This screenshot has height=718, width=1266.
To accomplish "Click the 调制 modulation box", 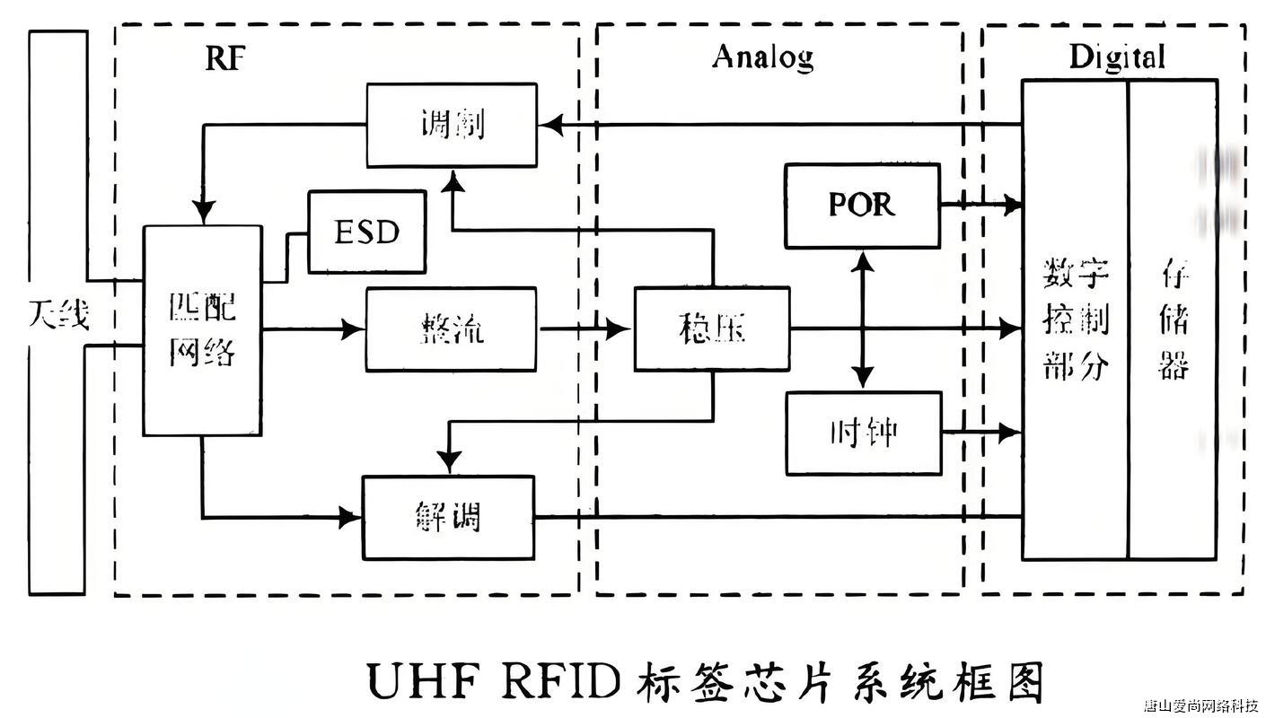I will click(452, 125).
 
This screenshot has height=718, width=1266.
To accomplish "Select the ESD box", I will click(366, 232).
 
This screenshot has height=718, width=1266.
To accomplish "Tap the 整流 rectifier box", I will click(451, 329).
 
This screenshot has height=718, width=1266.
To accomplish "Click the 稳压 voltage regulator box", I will click(712, 329).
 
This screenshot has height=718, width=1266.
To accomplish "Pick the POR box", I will click(862, 206).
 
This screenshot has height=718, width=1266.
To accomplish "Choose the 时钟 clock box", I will click(863, 433).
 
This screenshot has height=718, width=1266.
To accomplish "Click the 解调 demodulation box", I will click(448, 518).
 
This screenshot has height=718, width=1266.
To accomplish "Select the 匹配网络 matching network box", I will click(203, 330).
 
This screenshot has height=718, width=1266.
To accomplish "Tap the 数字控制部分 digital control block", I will click(1075, 320).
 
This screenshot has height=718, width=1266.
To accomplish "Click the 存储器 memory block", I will click(1173, 320).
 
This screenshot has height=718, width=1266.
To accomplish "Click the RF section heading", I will click(224, 57).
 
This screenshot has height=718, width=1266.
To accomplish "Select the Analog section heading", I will click(762, 57).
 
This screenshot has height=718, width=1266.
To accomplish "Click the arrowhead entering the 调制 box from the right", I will click(549, 125).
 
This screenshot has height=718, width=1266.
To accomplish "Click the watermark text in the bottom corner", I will click(1200, 705).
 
